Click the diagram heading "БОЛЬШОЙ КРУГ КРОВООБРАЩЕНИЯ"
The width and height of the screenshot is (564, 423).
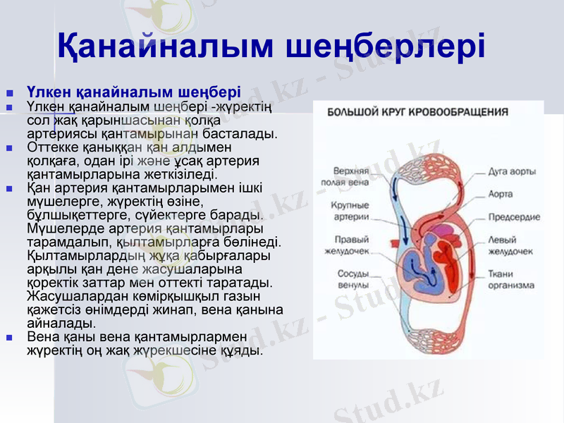click(418, 111)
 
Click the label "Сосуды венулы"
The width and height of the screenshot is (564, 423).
click(350, 278)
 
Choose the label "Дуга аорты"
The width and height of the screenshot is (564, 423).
click(513, 171)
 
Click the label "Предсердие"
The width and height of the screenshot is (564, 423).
click(514, 216)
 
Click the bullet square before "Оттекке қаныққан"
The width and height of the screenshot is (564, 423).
click(9, 149)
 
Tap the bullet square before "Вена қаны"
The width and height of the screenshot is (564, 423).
click(9, 338)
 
